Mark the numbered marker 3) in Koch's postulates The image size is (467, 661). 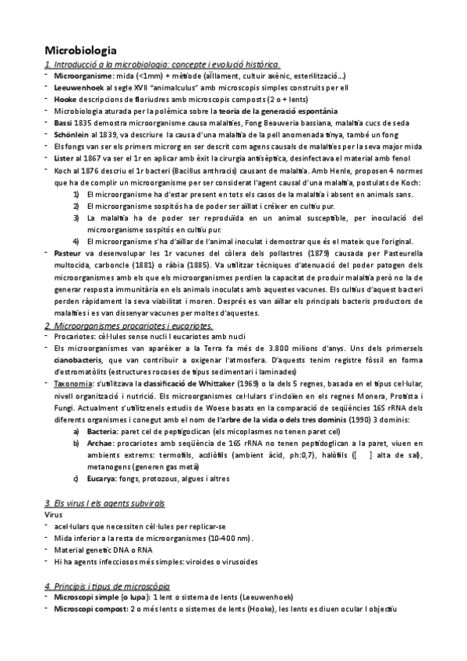click(x=76, y=217)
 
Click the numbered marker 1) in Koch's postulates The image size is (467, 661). click(x=76, y=193)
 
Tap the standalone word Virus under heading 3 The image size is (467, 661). click(x=54, y=515)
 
